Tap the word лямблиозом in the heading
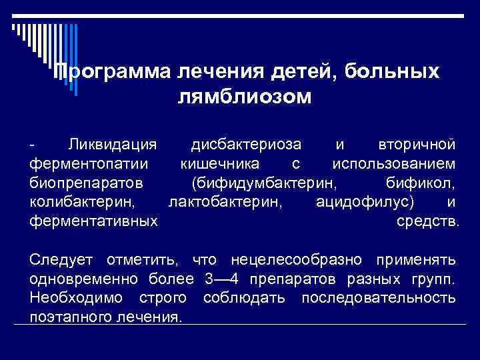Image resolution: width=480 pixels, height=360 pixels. pos(245,97)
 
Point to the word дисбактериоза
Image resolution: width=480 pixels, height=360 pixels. pos(245,144)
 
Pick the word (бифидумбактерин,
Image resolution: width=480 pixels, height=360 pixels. pos(264,182)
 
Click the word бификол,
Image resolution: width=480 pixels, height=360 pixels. pos(421,182)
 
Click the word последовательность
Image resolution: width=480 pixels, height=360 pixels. pos(379,297)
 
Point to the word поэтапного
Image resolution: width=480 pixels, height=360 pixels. pos(72,316)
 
